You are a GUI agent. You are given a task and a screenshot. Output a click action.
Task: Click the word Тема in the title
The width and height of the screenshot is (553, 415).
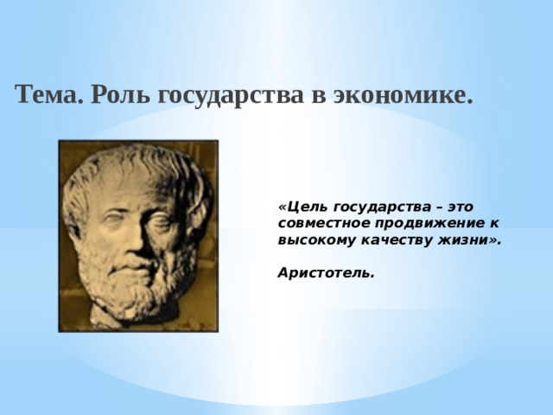click(49, 94)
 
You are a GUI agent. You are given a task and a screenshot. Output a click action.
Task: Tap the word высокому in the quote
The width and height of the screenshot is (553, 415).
click(316, 241)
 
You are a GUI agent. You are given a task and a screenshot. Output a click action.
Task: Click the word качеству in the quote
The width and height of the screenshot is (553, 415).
click(397, 241)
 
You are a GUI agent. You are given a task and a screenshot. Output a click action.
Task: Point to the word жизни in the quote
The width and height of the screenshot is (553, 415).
click(463, 240)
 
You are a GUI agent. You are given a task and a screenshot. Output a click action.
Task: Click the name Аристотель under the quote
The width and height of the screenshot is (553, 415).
click(326, 273)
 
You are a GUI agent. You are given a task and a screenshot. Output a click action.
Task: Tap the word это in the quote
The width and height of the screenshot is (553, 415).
click(461, 207)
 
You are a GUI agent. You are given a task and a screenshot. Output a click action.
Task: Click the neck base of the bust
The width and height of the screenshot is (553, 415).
click(105, 317)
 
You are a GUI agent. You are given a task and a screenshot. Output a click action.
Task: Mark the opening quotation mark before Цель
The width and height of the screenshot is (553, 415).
click(283, 207)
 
